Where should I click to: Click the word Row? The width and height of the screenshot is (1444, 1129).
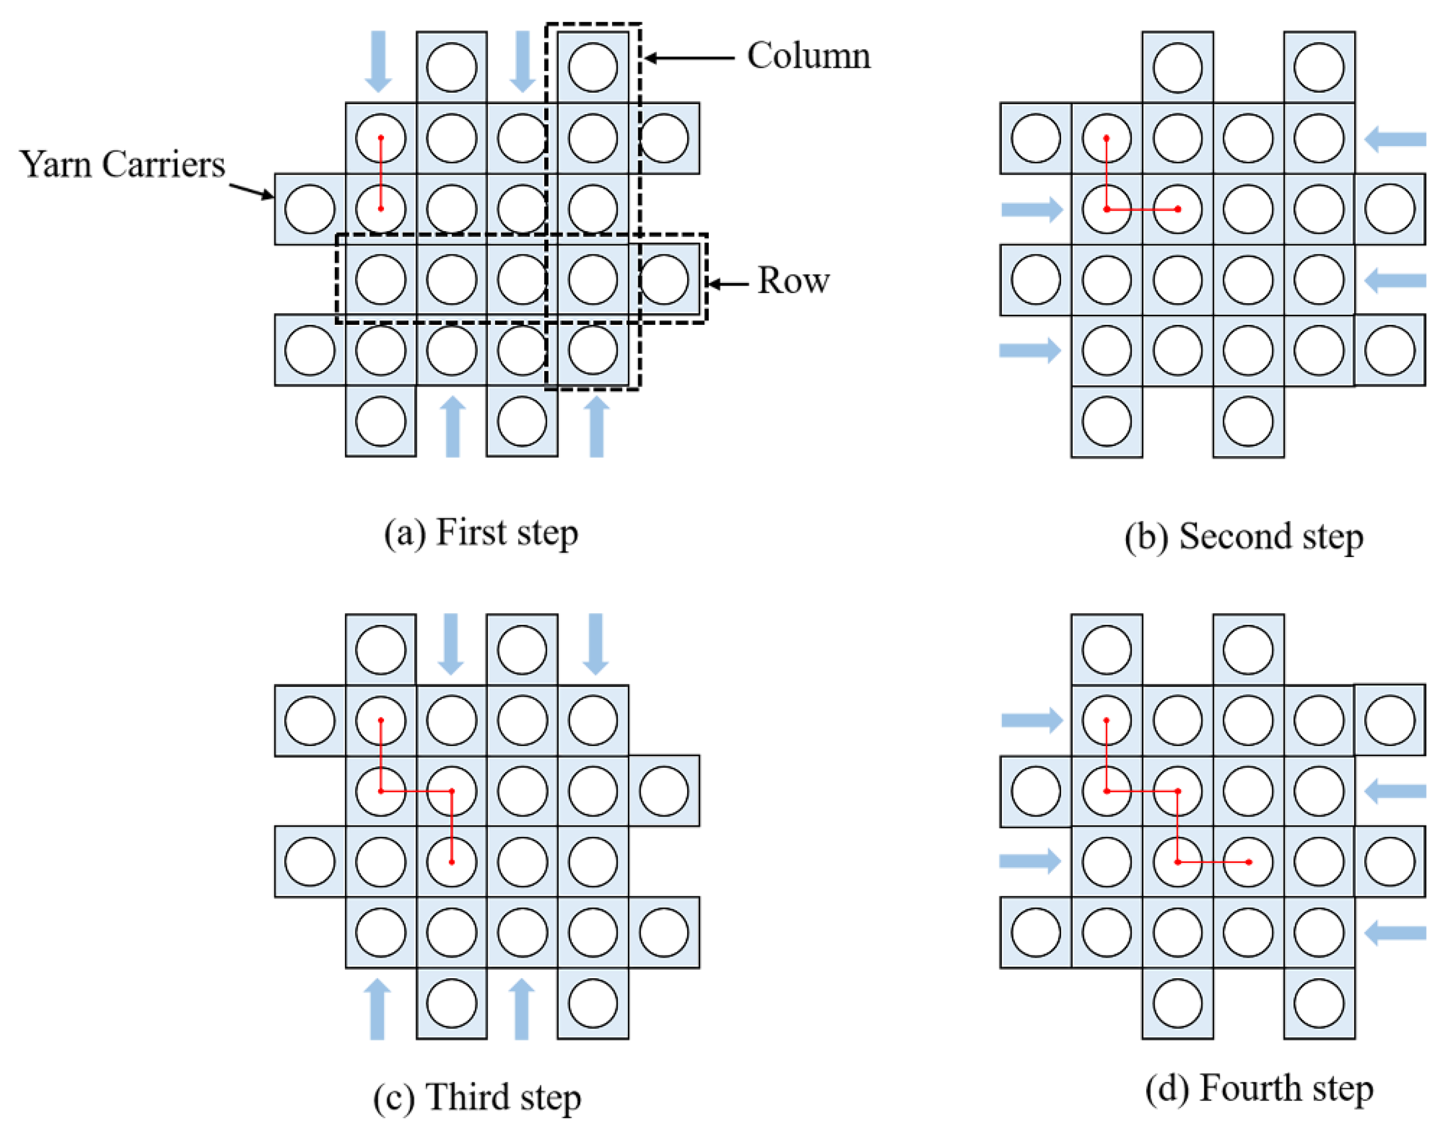click(793, 280)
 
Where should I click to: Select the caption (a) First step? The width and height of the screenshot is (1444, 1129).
click(481, 532)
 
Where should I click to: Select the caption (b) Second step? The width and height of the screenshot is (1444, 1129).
click(1244, 536)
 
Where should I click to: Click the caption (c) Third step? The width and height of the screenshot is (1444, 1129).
click(477, 1097)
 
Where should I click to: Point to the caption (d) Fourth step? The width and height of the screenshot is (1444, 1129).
click(1259, 1088)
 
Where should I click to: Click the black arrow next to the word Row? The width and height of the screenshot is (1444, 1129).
click(727, 285)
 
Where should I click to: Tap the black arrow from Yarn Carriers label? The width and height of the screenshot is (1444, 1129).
click(251, 190)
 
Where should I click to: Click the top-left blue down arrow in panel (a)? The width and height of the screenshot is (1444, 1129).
click(379, 61)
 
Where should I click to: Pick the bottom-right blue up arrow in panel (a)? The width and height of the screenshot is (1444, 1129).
click(597, 426)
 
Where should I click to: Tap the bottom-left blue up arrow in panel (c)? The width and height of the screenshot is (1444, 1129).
click(378, 1008)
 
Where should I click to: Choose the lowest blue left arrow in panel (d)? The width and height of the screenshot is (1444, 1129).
click(1395, 933)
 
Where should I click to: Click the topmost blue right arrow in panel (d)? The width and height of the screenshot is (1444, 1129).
click(1031, 720)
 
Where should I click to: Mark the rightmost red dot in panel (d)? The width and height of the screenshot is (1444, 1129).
click(1248, 862)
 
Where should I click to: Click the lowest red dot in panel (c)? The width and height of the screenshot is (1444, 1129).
click(452, 862)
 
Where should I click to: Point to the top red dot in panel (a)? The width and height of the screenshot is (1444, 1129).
click(381, 138)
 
